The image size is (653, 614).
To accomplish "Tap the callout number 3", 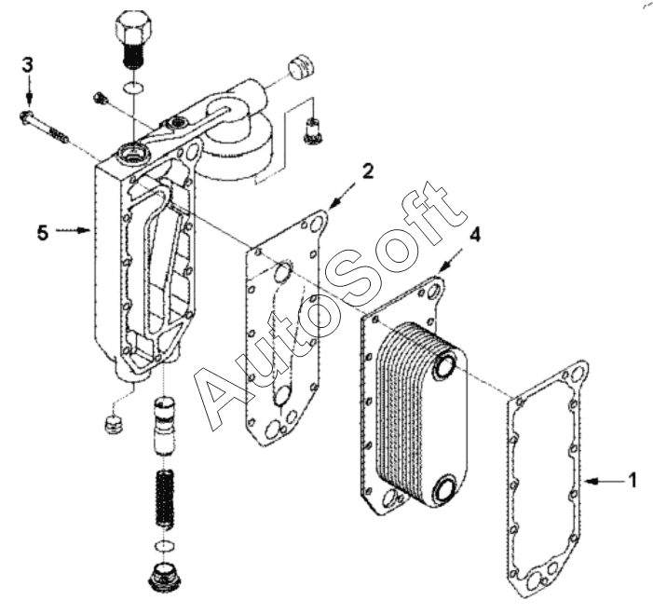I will coord(28,65).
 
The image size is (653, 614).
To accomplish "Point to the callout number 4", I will coord(474,236).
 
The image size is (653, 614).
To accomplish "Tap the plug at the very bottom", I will coord(166,575).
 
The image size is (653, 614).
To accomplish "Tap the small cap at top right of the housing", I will coord(301,67).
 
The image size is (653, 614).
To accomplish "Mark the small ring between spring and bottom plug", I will coord(165,545).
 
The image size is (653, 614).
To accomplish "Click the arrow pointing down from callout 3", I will coord(28,89).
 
